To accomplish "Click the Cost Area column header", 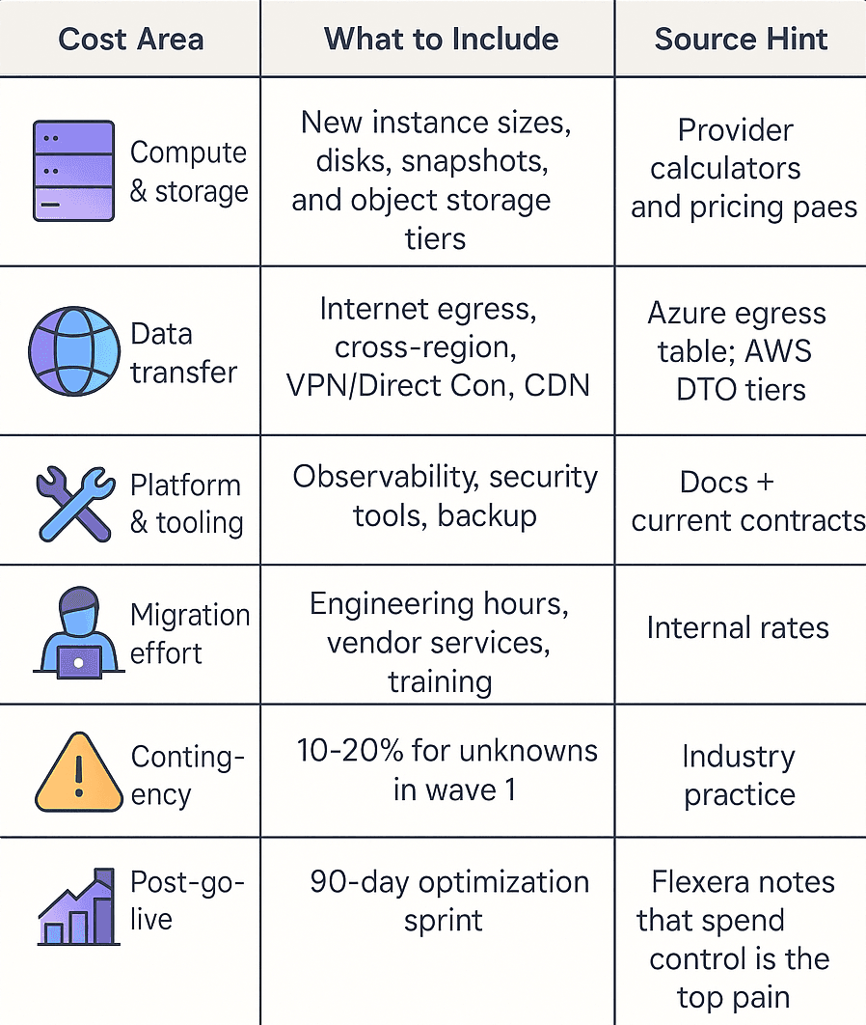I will coord(130,40).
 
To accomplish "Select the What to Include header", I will coord(441,40).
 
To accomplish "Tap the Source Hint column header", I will coord(741,40).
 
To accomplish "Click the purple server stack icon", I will coord(73,171).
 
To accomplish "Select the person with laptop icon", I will coord(74,631).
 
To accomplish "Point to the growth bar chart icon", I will coord(77,907).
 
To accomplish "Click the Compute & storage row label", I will coord(189,171).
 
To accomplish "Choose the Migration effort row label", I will coord(189,633).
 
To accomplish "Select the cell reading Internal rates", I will coord(738,628).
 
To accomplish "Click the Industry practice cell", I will coord(739,775).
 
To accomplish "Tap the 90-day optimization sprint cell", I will coord(448,900).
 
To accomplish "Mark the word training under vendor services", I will coord(440,681).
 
